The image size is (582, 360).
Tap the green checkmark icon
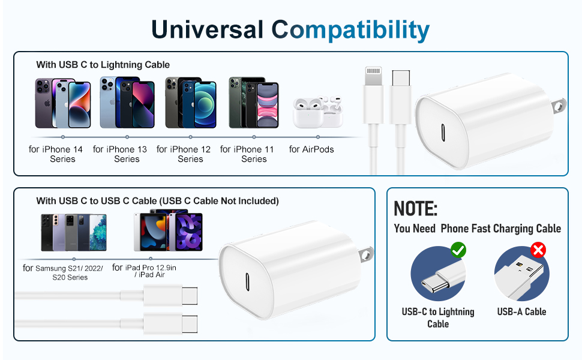[x=458, y=250]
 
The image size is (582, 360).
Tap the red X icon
[x=538, y=250]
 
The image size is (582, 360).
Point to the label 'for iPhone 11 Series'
[x=254, y=154]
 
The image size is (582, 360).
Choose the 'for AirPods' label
[x=311, y=149]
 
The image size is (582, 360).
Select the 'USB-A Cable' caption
[x=521, y=311]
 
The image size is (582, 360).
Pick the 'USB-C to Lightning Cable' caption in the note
[x=438, y=317]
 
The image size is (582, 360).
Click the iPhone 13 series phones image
[x=127, y=103]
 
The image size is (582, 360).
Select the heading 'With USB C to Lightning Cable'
[x=103, y=64]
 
